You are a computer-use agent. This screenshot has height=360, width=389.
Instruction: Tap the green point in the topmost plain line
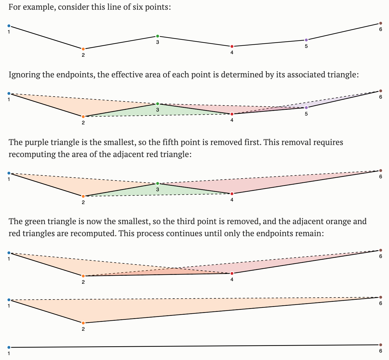157,36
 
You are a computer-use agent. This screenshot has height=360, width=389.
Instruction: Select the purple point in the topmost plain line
306,40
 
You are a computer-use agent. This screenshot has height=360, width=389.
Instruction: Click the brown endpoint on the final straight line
381,345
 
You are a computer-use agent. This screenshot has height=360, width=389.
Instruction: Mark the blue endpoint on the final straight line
9,347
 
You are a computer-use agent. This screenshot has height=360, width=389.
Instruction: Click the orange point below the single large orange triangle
83,323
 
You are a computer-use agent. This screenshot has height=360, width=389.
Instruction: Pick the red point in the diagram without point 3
232,273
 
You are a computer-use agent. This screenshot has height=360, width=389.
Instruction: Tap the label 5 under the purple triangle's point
306,114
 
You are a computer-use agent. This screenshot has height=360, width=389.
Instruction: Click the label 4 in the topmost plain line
232,52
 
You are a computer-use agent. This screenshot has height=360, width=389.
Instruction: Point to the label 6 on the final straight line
381,351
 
